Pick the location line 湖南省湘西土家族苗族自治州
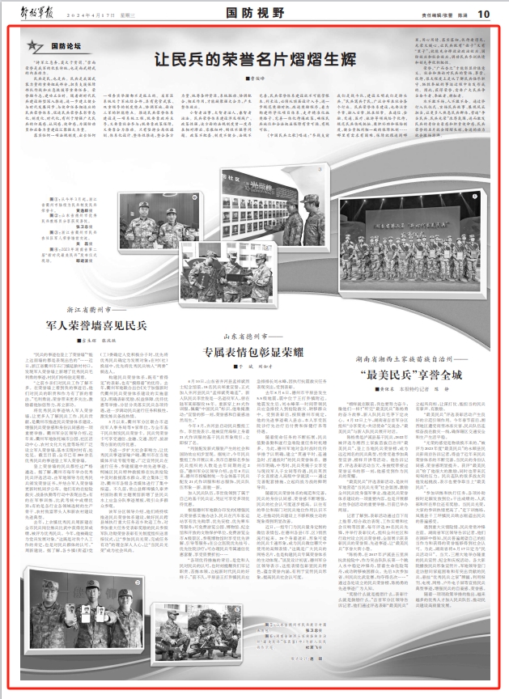[409, 337]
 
